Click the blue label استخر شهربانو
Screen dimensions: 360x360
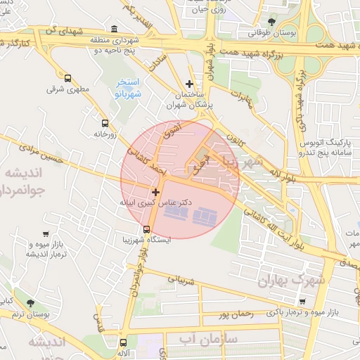pos(129,88)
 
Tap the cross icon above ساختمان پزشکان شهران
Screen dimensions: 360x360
pos(188,84)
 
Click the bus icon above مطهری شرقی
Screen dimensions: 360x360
pos(67,78)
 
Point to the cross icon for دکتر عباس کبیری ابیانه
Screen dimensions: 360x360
pos(155,191)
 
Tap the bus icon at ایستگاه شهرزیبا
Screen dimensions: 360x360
pos(146,229)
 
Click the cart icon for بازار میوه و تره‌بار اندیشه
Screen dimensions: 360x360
pos(46,234)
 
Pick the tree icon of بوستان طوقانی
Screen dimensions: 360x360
pos(272,22)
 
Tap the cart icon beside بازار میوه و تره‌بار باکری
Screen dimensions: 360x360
pos(302,301)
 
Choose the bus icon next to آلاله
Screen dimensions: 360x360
pos(115,342)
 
